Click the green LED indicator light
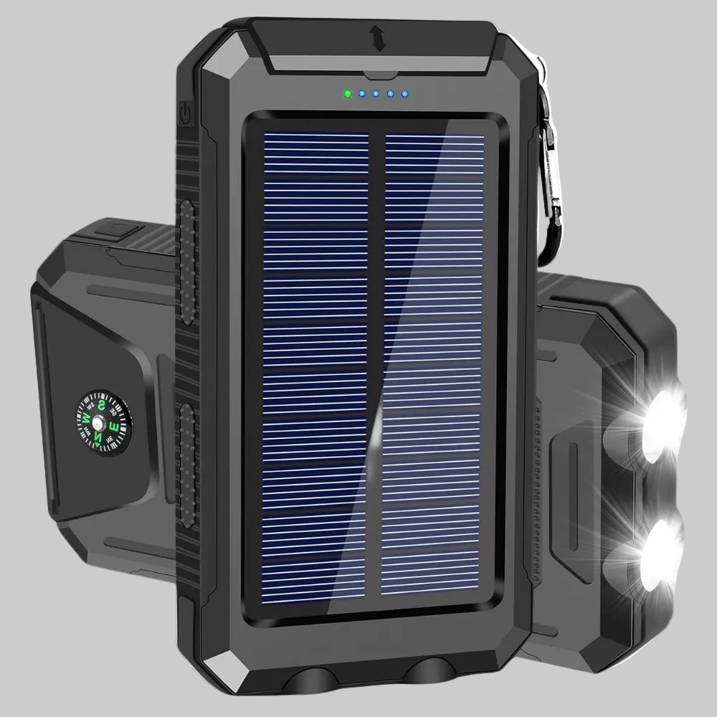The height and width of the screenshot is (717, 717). pos(348,93)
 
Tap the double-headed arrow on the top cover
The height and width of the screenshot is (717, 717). pos(379,39)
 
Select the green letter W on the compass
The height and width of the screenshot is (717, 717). pos(87,418)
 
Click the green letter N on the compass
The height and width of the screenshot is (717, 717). pos(99,435)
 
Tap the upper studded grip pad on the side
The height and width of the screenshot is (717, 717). pos(188,262)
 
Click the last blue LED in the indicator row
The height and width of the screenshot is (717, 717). pos(405,94)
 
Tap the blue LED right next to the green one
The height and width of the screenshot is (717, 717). pos(362,94)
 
